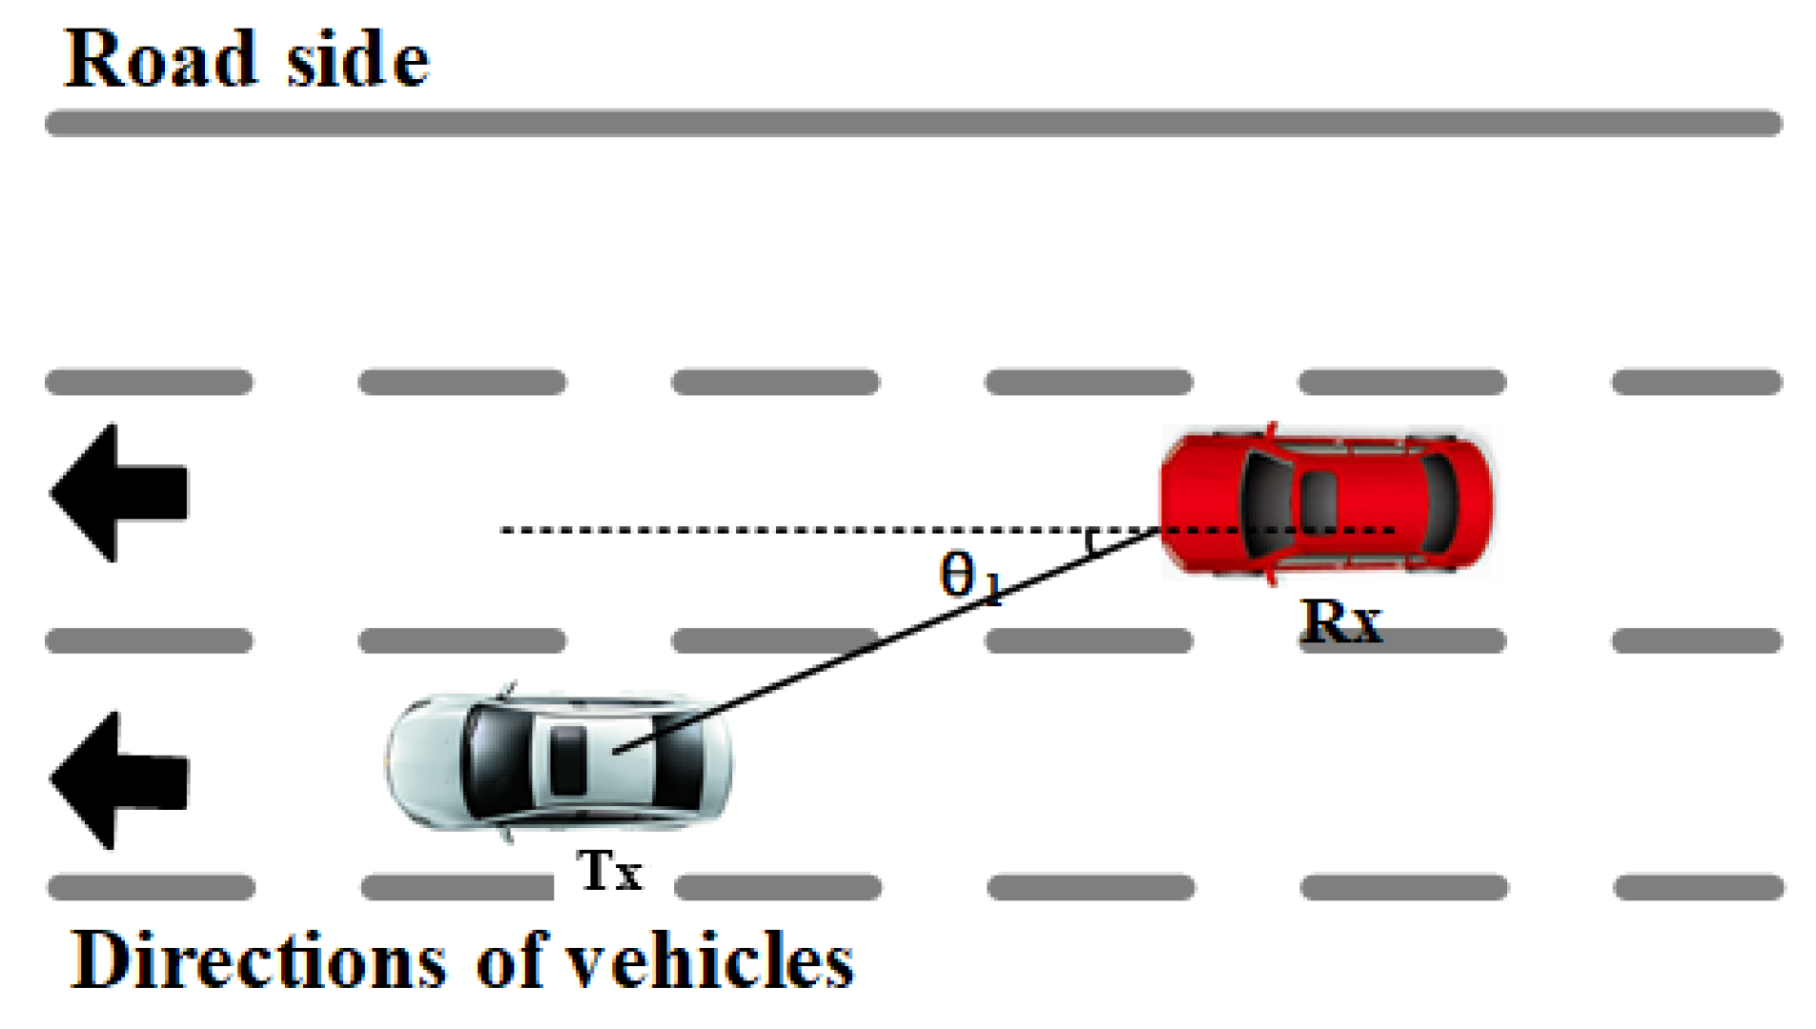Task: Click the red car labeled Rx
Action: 1325,502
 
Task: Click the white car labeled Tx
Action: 559,762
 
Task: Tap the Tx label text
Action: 609,870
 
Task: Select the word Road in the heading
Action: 161,59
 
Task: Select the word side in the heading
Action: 357,61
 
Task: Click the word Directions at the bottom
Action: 258,960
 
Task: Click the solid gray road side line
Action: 912,123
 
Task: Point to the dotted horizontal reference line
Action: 763,530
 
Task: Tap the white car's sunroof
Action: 569,759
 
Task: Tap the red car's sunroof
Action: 1318,498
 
